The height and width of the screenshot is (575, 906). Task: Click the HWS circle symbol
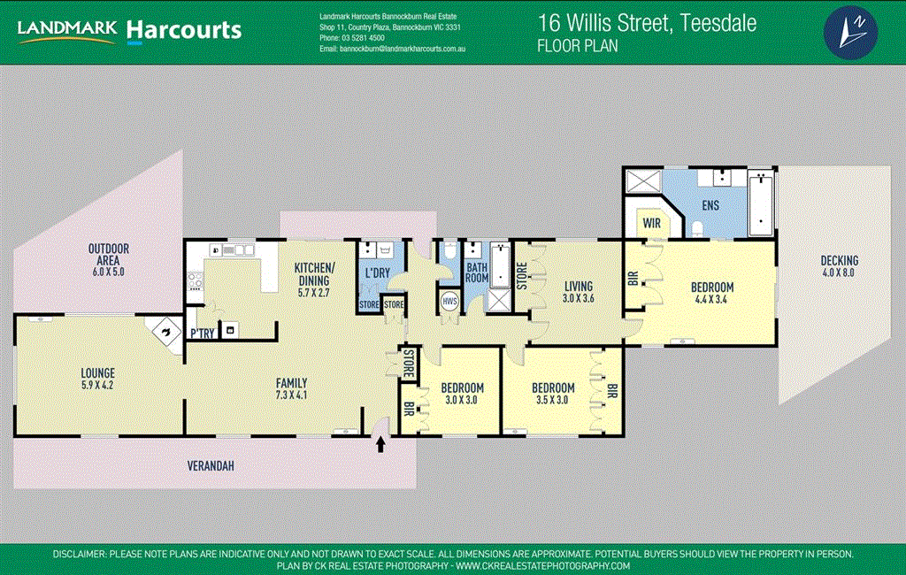[x=449, y=301]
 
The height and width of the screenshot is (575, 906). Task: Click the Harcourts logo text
[x=184, y=30]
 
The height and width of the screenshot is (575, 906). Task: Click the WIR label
[x=653, y=223]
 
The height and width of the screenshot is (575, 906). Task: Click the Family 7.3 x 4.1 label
[x=291, y=389]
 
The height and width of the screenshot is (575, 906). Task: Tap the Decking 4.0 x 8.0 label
[x=839, y=266]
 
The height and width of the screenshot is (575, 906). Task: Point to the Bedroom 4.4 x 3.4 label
[x=711, y=293]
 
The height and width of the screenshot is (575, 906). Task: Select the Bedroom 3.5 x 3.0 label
[x=553, y=394]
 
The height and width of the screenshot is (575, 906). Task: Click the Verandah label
[x=209, y=465]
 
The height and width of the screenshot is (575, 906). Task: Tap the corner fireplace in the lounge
[x=165, y=332]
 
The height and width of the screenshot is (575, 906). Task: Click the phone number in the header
[x=352, y=38]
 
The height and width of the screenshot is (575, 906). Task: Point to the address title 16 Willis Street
[x=647, y=24]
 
